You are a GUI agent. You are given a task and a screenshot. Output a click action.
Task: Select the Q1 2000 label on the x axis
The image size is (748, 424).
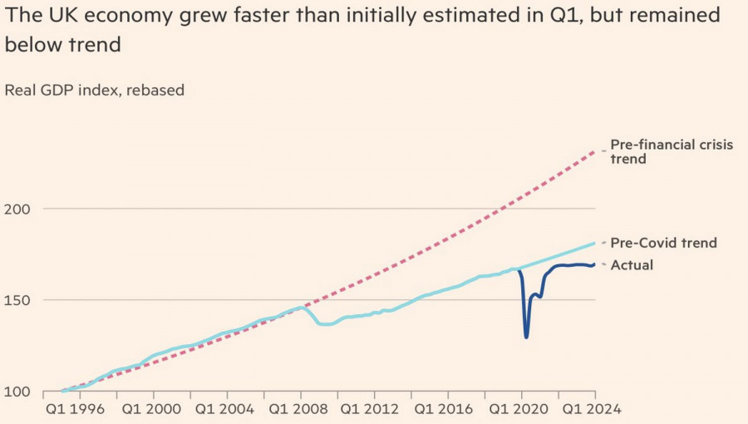point(150,409)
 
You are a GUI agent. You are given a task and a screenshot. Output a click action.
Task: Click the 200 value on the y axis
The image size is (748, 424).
point(17,209)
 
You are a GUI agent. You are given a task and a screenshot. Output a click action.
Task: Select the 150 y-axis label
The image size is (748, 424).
point(17,300)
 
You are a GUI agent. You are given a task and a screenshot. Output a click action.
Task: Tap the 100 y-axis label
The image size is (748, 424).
point(17,392)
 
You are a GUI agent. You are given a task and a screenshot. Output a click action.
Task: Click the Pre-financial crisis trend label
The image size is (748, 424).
point(672,151)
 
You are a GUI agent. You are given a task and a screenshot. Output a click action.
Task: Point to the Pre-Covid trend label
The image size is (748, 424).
point(663,243)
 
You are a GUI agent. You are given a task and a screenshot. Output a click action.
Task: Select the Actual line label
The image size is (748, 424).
point(632,265)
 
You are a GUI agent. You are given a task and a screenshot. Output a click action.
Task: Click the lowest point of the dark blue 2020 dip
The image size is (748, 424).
point(526,337)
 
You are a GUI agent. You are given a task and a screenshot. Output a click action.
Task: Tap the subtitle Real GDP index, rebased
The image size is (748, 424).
point(94,90)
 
